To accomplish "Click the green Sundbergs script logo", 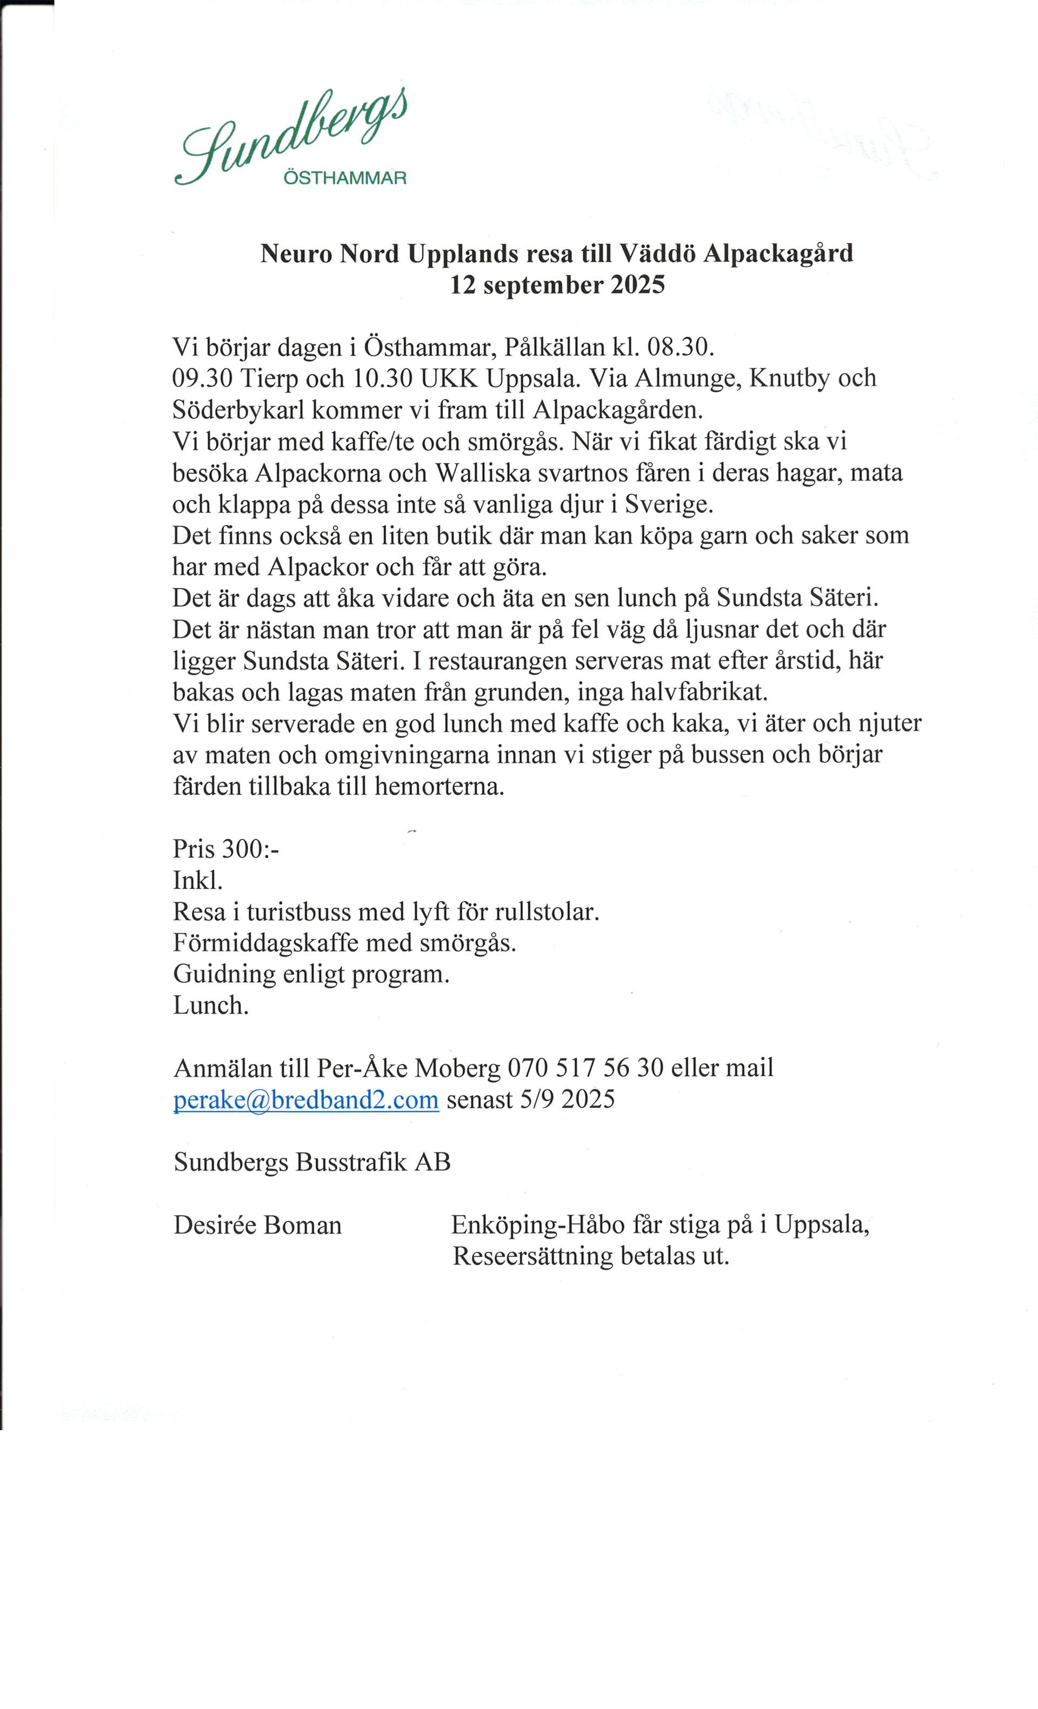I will pyautogui.click(x=291, y=139).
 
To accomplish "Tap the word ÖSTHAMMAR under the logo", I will pyautogui.click(x=345, y=178).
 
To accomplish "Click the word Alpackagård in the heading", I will pyautogui.click(x=778, y=254).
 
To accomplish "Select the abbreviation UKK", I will pyautogui.click(x=443, y=378).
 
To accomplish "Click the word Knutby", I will pyautogui.click(x=790, y=378).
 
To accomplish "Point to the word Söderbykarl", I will pyautogui.click(x=238, y=410).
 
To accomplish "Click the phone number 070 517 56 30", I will pyautogui.click(x=585, y=1068).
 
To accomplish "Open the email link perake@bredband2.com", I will pyautogui.click(x=306, y=1100).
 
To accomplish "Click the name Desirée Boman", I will pyautogui.click(x=257, y=1225).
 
